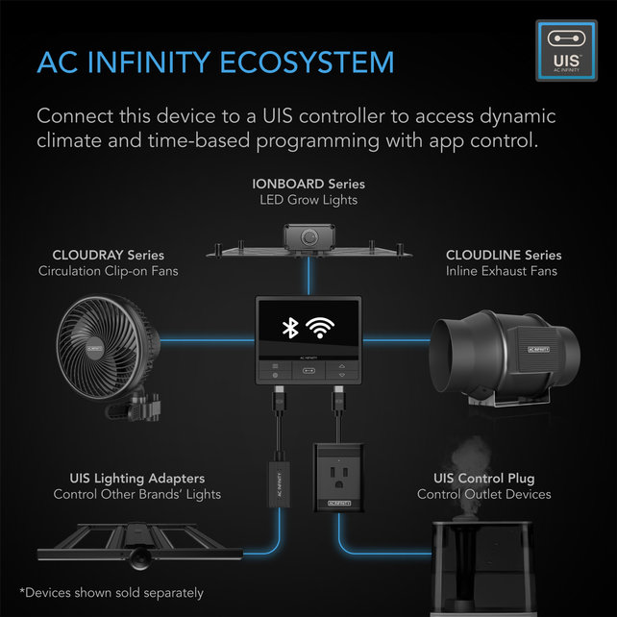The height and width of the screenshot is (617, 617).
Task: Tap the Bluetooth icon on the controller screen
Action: pyautogui.click(x=285, y=328)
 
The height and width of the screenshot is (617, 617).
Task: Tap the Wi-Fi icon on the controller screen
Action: pyautogui.click(x=327, y=328)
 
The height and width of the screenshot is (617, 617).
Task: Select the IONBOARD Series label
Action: pyautogui.click(x=308, y=184)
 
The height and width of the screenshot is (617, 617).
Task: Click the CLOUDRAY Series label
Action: pyautogui.click(x=108, y=256)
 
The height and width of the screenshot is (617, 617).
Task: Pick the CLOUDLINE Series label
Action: pyautogui.click(x=503, y=256)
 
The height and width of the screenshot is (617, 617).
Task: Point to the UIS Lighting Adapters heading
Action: pyautogui.click(x=136, y=478)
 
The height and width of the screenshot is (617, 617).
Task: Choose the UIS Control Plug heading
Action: pyautogui.click(x=483, y=478)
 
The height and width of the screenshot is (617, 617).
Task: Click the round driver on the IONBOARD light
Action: pyautogui.click(x=308, y=236)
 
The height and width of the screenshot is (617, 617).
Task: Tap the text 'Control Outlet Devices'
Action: pyautogui.click(x=483, y=494)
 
